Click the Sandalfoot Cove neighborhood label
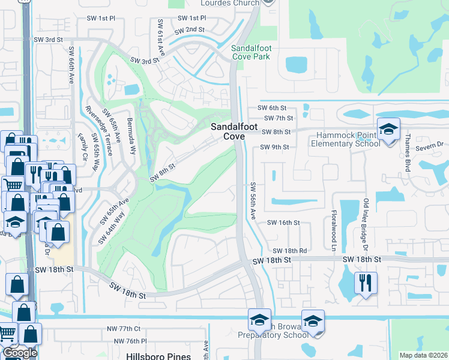pos(227,131)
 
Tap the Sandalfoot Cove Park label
pos(251,52)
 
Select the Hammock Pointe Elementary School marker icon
pos(388,129)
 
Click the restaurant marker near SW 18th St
pos(366,281)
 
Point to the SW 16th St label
pos(283,223)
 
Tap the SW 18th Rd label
pos(290,251)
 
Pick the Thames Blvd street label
pos(406,153)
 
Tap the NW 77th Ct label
pos(124,329)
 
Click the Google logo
pos(20,353)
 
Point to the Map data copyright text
pos(424,355)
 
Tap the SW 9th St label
pos(275,147)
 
